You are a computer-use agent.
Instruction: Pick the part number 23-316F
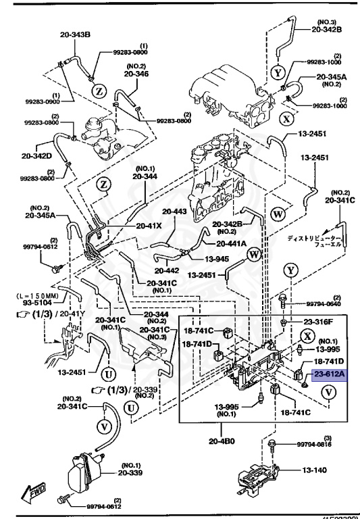point(317,323)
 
